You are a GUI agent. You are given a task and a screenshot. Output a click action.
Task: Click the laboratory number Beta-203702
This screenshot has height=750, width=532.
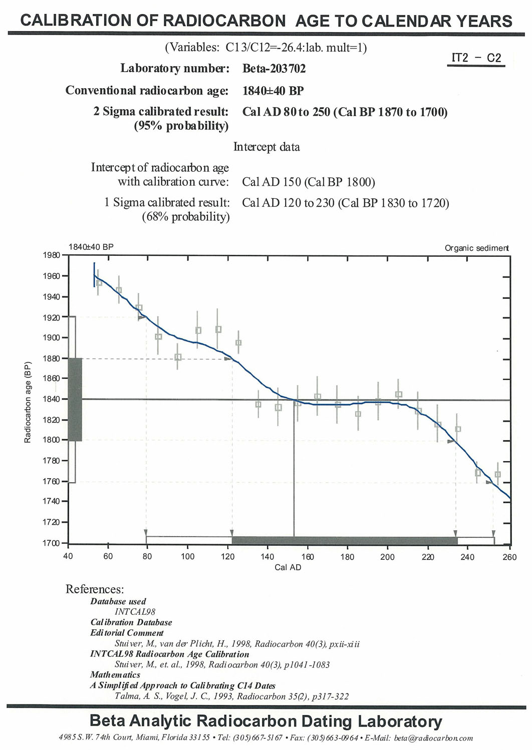(274, 69)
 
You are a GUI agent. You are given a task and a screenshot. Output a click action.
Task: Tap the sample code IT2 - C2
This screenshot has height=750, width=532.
(476, 58)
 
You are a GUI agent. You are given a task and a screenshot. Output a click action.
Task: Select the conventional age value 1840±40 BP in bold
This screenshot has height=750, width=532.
(273, 91)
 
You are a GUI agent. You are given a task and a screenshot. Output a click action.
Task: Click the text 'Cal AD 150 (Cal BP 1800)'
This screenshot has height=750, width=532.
(308, 182)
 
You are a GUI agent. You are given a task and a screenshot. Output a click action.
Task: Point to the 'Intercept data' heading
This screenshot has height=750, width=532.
(267, 147)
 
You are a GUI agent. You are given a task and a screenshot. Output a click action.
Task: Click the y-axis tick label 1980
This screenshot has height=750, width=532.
(52, 255)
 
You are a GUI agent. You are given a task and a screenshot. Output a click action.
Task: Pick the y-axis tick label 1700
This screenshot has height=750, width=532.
(52, 543)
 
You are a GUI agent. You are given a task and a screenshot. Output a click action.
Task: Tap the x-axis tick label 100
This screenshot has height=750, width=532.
(187, 557)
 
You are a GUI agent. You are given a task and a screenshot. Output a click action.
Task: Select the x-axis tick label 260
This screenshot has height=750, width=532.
(509, 557)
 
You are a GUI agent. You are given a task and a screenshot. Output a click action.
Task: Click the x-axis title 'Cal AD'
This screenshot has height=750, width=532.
(288, 567)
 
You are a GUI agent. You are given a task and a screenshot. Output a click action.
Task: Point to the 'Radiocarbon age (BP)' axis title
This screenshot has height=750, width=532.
(28, 402)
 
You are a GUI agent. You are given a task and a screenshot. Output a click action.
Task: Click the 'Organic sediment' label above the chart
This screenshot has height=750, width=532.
(476, 248)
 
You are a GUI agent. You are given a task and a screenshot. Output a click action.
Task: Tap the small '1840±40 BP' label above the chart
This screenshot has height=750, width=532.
(91, 247)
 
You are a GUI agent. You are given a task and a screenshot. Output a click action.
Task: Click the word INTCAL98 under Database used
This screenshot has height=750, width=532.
(135, 612)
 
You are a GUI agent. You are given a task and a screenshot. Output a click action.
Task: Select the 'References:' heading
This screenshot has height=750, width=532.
(95, 589)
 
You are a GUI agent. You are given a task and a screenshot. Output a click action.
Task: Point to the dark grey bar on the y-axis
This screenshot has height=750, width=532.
(75, 400)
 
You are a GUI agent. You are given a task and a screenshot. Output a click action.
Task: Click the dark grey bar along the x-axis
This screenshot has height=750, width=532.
(345, 541)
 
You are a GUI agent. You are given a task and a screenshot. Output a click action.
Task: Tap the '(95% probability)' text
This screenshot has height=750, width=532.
(181, 126)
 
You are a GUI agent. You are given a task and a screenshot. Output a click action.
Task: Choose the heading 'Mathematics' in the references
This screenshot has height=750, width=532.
(115, 675)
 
